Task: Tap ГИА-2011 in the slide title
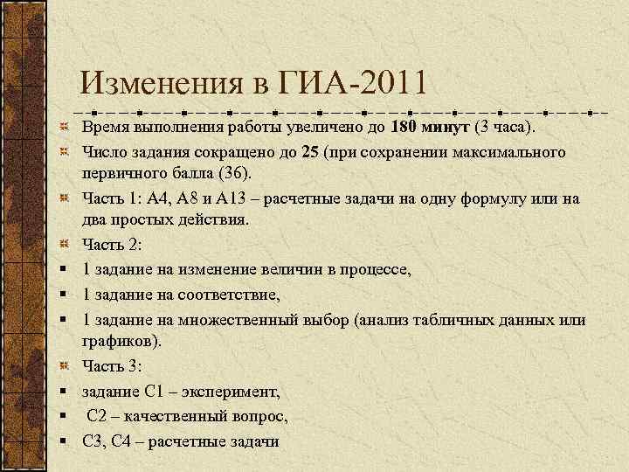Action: (x=353, y=86)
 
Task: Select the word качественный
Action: (x=171, y=415)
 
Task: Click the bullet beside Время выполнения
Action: (x=65, y=129)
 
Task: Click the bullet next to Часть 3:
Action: (x=65, y=365)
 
